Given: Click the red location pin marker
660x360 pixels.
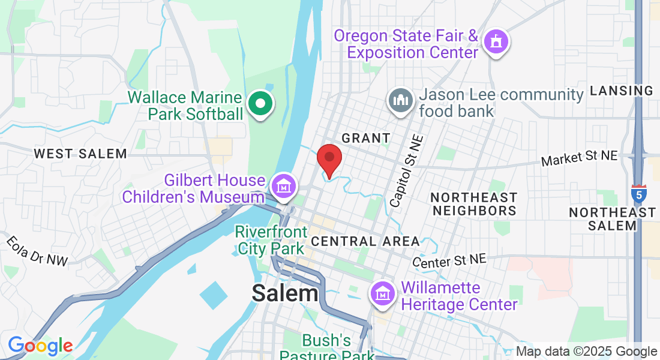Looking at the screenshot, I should [329, 159].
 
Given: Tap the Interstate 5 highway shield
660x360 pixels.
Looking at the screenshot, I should [638, 193].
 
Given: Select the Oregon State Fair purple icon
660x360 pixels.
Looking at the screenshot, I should [496, 42].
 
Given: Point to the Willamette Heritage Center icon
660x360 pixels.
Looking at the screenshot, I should [383, 294].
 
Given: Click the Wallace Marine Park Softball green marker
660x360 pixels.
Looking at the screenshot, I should [260, 104].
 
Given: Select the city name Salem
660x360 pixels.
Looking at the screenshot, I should [285, 293].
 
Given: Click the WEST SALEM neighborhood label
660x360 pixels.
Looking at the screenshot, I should [80, 154].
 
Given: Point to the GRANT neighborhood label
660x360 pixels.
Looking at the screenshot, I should [366, 138].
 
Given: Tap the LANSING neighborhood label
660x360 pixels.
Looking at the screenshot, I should [622, 91].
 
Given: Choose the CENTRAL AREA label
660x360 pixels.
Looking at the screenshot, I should [365, 241].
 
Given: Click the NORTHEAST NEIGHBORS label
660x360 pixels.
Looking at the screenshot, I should [474, 204].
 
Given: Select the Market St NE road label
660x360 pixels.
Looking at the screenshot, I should [579, 159].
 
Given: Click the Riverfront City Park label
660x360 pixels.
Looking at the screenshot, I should [271, 240].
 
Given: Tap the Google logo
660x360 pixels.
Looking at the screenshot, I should [40, 346].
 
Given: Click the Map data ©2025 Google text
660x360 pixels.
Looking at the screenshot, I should [586, 352].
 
